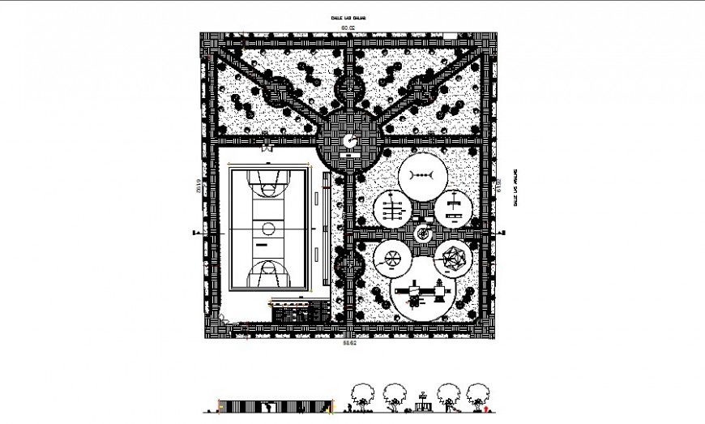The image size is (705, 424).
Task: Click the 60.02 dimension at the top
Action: (348, 28)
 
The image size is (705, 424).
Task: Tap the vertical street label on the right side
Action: (515, 191)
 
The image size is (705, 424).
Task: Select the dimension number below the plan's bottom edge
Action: (349, 344)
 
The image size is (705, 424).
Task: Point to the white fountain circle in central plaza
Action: (350, 142)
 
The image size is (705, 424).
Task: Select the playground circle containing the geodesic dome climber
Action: (453, 259)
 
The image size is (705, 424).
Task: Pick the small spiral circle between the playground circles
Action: (422, 233)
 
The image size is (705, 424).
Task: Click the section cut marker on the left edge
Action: (194, 233)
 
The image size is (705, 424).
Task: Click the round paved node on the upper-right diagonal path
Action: (421, 92)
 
